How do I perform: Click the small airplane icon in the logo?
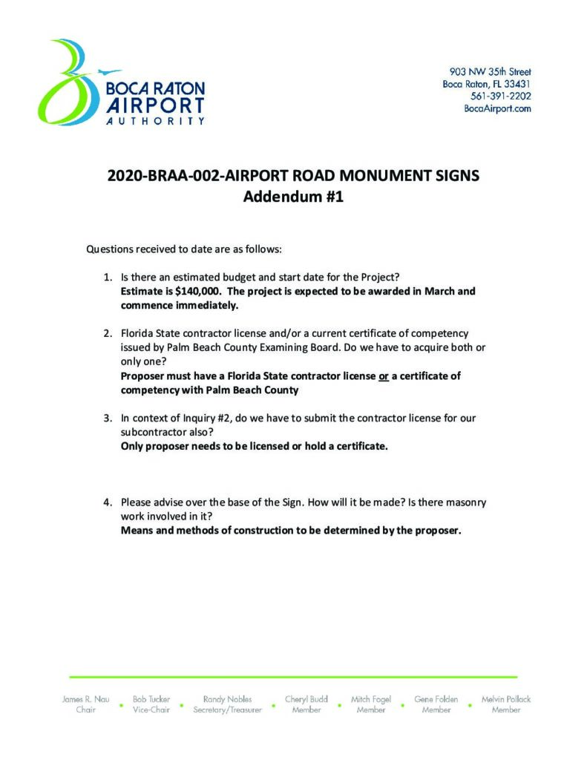tap(109, 72)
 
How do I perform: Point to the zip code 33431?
tap(517, 84)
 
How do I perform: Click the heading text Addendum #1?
tap(293, 198)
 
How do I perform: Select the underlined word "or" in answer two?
tap(384, 376)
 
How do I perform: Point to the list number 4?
tap(107, 502)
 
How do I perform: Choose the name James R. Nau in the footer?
tap(86, 699)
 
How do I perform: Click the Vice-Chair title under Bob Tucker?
tap(151, 710)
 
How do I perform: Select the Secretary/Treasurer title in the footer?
tap(228, 710)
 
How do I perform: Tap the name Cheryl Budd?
tap(306, 699)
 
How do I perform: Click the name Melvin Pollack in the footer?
tap(506, 699)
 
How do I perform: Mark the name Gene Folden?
tap(436, 699)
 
